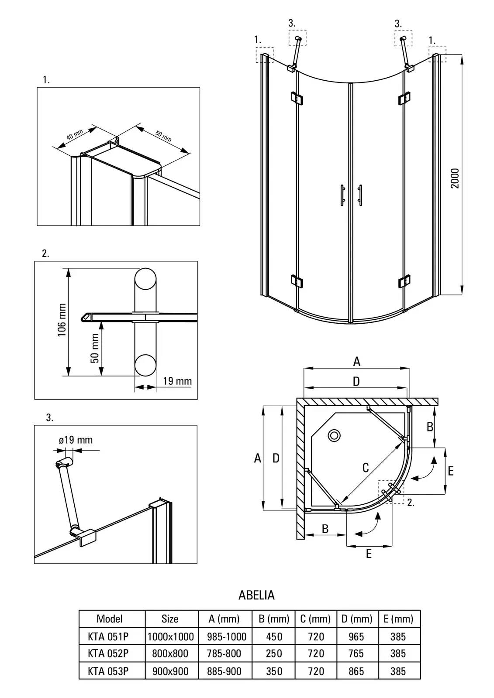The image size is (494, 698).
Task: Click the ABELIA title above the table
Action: tap(256, 595)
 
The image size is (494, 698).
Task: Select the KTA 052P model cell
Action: tap(108, 654)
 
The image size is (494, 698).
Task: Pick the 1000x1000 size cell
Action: tap(170, 636)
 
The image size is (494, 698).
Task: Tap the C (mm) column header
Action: tap(315, 619)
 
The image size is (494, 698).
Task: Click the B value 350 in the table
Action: tap(274, 671)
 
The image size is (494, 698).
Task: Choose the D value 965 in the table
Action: tap(356, 636)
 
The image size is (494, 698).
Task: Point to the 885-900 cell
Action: tap(225, 671)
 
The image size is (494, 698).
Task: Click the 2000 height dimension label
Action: tap(456, 178)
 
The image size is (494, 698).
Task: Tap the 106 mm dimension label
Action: tap(62, 320)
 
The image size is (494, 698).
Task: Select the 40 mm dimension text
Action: tap(75, 135)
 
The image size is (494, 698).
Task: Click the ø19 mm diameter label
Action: tap(76, 440)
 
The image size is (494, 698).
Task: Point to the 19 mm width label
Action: tap(177, 381)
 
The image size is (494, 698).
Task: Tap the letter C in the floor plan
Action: tap(366, 468)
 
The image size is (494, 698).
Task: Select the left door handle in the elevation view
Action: tap(342, 195)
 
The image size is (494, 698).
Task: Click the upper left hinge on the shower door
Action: tap(297, 99)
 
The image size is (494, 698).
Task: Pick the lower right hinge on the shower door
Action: tap(404, 281)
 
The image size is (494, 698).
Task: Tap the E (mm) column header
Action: tap(398, 619)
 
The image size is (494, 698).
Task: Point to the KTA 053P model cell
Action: tap(108, 671)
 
